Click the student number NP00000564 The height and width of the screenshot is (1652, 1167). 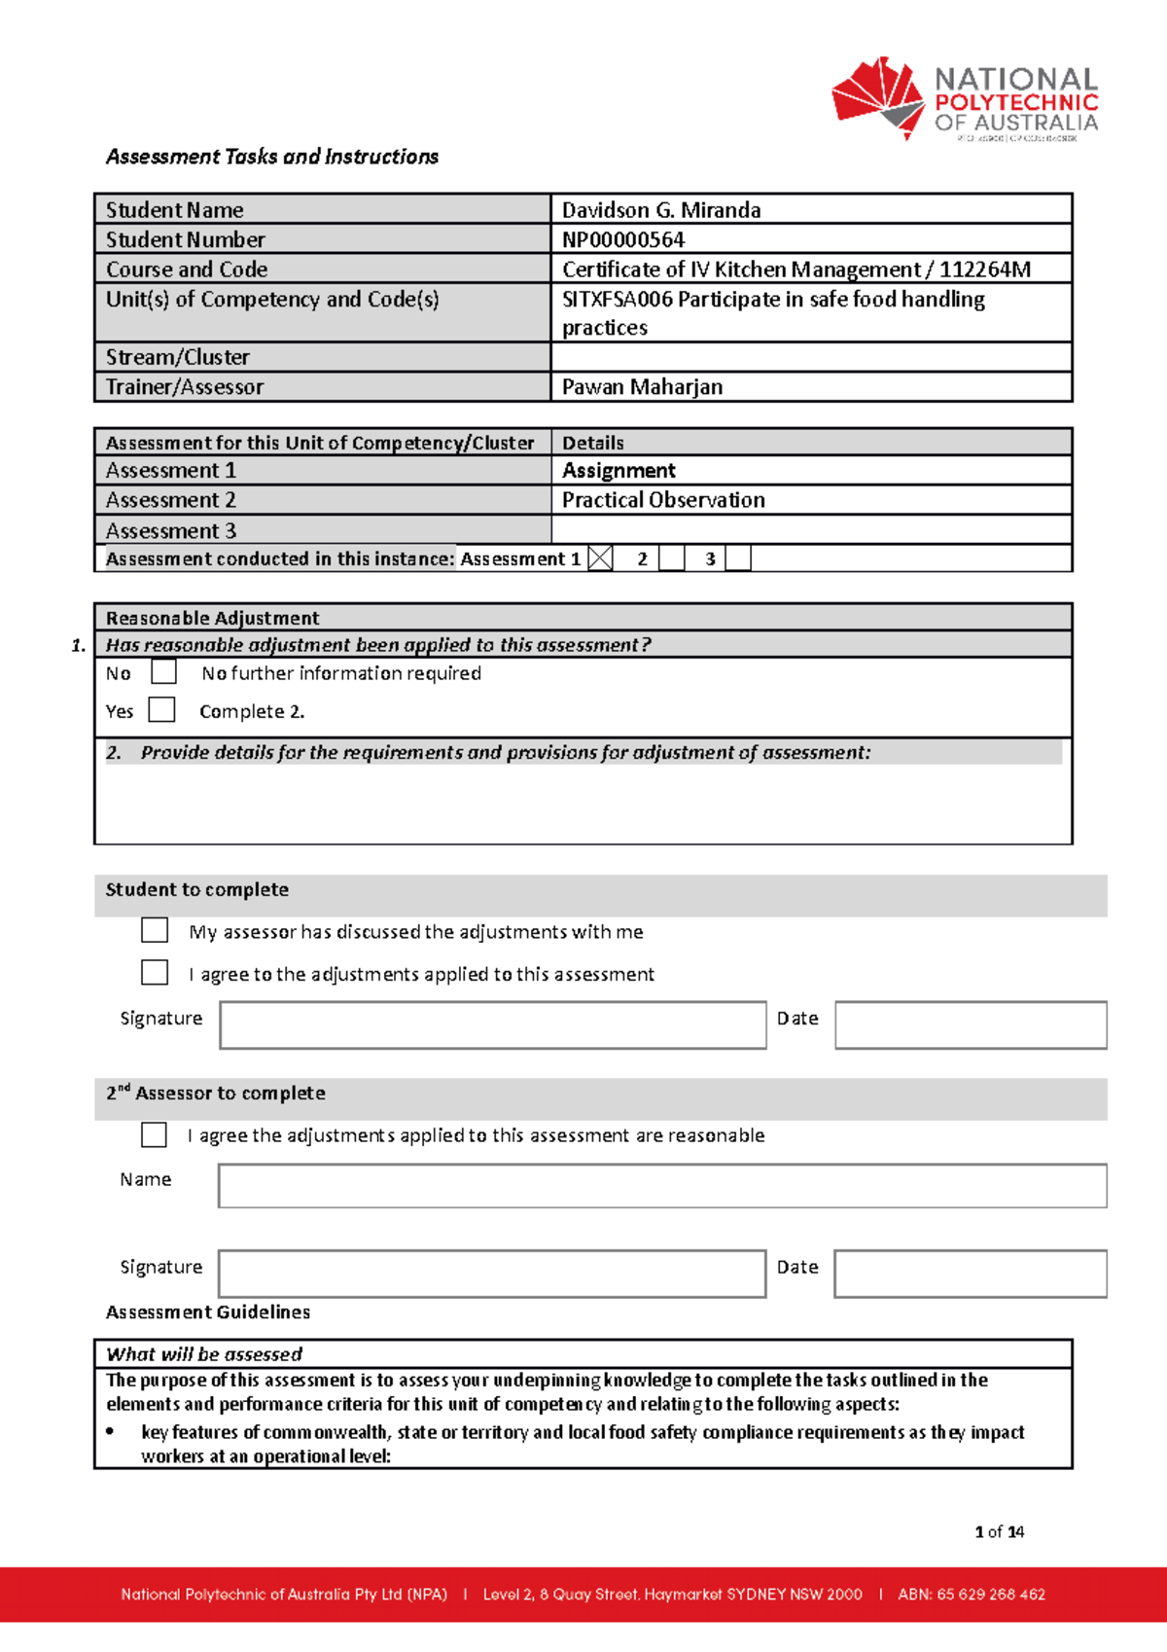coord(623,239)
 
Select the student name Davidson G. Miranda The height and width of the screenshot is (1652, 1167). coord(661,210)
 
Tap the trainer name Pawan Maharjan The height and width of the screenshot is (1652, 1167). coord(642,387)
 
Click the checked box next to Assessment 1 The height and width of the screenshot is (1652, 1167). coord(601,558)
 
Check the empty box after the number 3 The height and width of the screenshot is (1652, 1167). coord(738,558)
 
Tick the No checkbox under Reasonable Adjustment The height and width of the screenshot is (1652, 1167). coord(163,672)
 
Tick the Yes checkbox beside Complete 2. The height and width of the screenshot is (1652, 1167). coord(161,710)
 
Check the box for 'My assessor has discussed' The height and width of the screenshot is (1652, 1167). coord(155,930)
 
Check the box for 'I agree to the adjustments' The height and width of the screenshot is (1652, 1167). coord(155,973)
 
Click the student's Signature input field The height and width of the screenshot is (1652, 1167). coord(492,1025)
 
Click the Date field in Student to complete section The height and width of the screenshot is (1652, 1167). coord(970,1025)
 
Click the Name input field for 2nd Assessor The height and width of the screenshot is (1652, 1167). coord(661,1186)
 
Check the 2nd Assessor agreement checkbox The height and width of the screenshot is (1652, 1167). coord(154,1134)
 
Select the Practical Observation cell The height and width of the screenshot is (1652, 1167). coord(663,500)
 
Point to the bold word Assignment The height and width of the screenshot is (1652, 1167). coord(619,471)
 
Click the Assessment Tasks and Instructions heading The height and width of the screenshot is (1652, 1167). coord(272,157)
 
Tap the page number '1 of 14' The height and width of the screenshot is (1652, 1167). coord(999,1531)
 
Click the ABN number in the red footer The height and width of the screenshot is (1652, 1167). coord(972,1594)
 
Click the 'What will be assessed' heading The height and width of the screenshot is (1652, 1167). coord(204,1354)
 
